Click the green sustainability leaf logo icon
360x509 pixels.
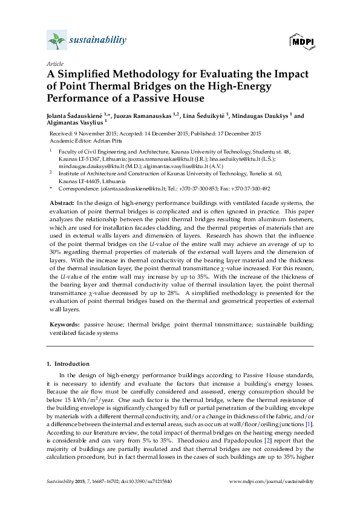coord(56,41)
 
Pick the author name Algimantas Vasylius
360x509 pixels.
coord(74,122)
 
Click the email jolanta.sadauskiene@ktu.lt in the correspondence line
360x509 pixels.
coord(119,189)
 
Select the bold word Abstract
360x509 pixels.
coord(61,202)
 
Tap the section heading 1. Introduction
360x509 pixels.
coord(68,364)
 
